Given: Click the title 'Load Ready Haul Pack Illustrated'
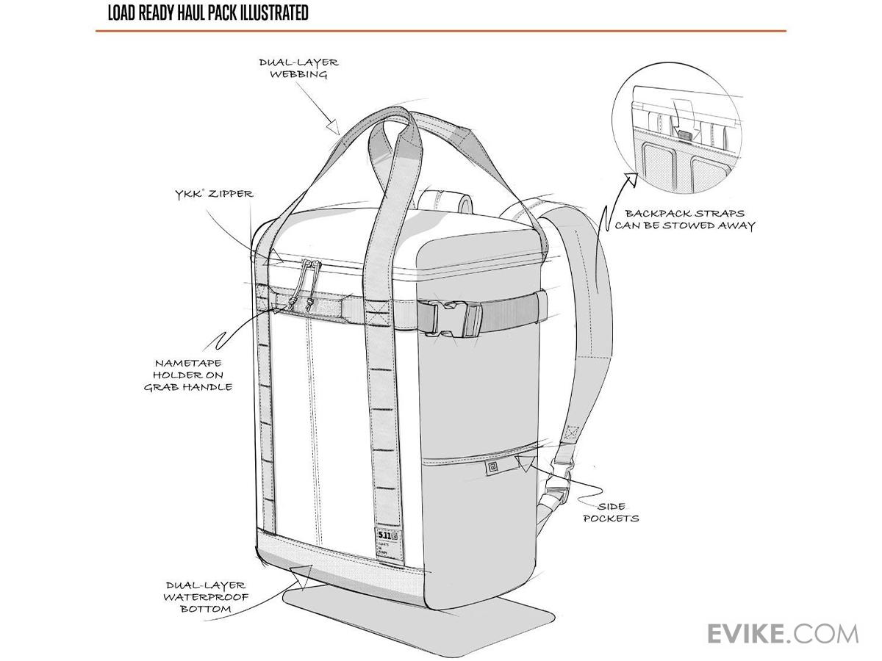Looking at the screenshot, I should pos(208,13).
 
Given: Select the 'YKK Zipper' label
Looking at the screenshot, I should pos(214,194).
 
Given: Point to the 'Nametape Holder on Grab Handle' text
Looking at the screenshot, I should pos(188,375).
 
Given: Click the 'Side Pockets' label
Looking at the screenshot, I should pos(611,512).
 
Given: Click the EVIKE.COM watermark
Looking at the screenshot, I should pos(782,632).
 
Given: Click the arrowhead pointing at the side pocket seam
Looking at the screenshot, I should pos(524,462).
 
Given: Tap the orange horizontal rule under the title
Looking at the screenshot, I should pos(441,31).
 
